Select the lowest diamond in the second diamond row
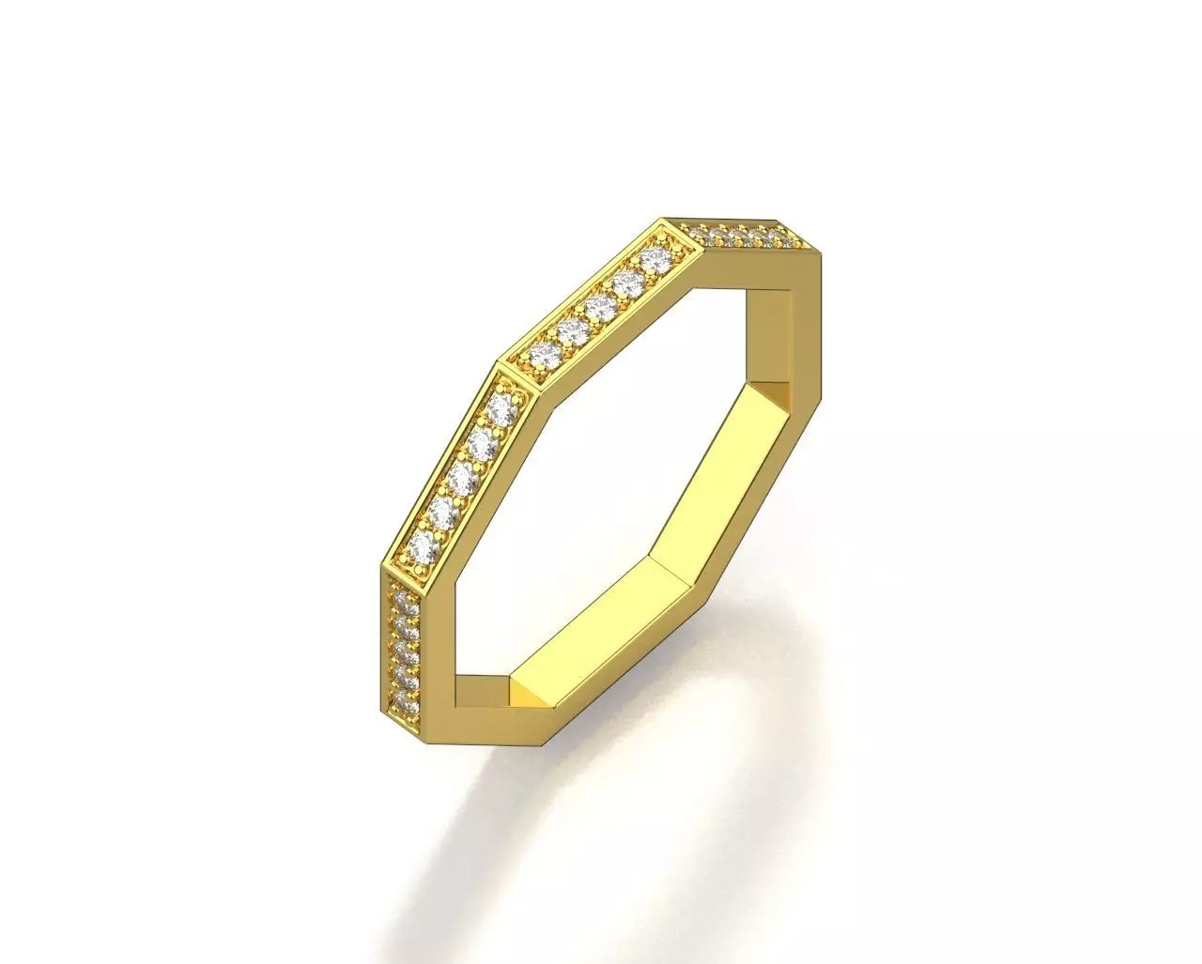pos(543,354)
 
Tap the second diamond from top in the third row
pos(481,443)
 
